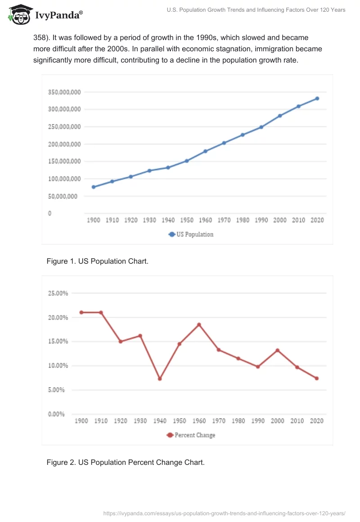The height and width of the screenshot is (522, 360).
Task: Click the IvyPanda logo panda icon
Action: [x=20, y=15]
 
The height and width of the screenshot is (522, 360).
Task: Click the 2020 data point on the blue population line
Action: [x=317, y=98]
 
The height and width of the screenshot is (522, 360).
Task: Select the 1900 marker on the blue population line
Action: [x=94, y=187]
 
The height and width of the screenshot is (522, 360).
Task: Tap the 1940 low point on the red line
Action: [x=160, y=378]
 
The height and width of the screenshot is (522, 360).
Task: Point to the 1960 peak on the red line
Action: [x=199, y=324]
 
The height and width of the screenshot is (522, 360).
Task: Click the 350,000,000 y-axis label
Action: [x=64, y=92]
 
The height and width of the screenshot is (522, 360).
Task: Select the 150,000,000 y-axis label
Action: [x=64, y=162]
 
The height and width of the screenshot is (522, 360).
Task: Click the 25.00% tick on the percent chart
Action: [x=58, y=293]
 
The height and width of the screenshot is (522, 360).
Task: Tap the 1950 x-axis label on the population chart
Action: [x=187, y=220]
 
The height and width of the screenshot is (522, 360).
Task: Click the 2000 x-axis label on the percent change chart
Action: [x=277, y=421]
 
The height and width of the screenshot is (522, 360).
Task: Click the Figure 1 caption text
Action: [x=97, y=261]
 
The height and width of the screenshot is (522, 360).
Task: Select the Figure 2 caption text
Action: [x=126, y=462]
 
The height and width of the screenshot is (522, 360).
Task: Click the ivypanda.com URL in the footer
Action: [x=224, y=513]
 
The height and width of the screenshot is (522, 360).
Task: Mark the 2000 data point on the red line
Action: [x=277, y=350]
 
